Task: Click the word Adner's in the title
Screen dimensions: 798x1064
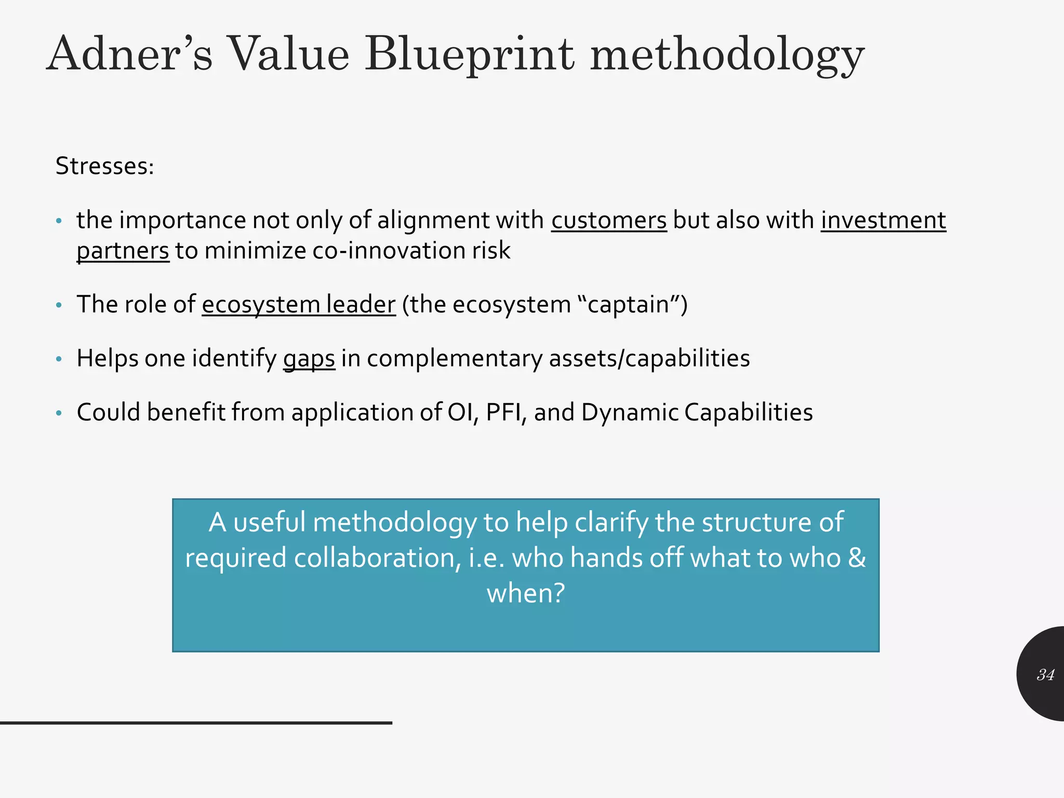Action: point(130,55)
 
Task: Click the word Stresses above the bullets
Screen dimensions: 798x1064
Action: point(104,166)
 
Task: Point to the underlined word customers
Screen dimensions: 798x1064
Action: point(609,220)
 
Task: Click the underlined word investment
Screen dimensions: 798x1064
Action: point(883,220)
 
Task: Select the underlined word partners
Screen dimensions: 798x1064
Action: point(123,251)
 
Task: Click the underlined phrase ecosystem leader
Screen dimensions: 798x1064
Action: point(299,304)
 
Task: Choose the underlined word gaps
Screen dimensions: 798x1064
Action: point(309,358)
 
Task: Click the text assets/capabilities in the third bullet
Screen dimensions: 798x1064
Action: point(649,358)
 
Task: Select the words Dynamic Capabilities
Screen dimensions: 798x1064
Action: point(697,413)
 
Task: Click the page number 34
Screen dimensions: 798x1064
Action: point(1045,675)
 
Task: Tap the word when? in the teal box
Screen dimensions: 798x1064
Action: point(525,593)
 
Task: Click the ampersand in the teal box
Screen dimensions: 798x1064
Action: point(857,557)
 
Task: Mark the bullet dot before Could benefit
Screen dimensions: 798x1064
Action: point(59,414)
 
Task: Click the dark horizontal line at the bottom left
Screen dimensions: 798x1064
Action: point(196,723)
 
